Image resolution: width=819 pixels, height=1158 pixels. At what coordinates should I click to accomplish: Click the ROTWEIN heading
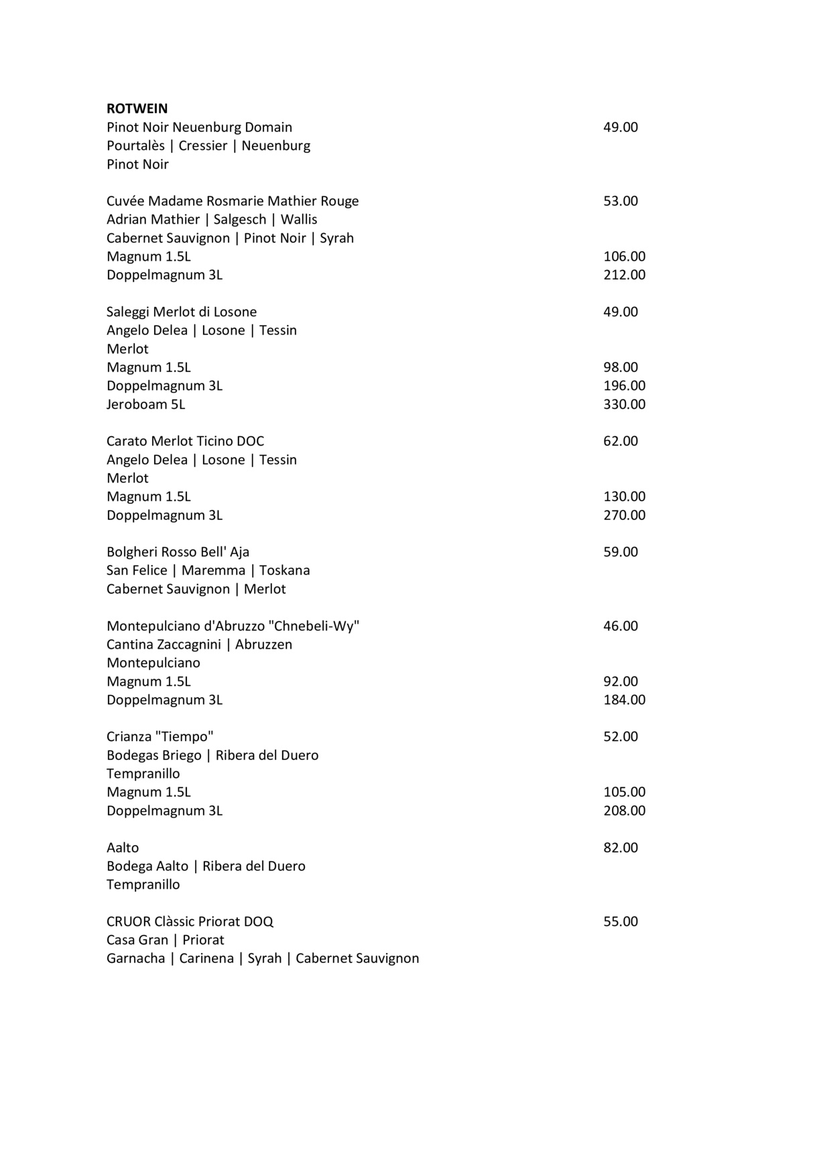pyautogui.click(x=137, y=109)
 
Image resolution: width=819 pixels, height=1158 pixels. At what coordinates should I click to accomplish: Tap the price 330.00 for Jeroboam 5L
pyautogui.click(x=624, y=404)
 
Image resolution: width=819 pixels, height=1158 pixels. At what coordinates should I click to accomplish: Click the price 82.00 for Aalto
pyautogui.click(x=620, y=848)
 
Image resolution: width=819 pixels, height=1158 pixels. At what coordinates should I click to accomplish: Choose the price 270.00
pyautogui.click(x=624, y=515)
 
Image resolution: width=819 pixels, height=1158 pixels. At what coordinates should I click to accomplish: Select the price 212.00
pyautogui.click(x=624, y=275)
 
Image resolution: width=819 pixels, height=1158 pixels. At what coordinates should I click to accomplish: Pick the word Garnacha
pyautogui.click(x=135, y=958)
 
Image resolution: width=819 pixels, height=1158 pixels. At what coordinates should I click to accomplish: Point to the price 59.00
pyautogui.click(x=620, y=552)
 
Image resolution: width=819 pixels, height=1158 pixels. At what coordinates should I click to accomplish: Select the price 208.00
pyautogui.click(x=624, y=811)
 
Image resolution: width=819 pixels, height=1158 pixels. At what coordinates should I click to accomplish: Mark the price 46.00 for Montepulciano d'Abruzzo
pyautogui.click(x=620, y=626)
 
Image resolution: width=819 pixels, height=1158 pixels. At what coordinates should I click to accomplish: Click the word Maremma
pyautogui.click(x=213, y=571)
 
